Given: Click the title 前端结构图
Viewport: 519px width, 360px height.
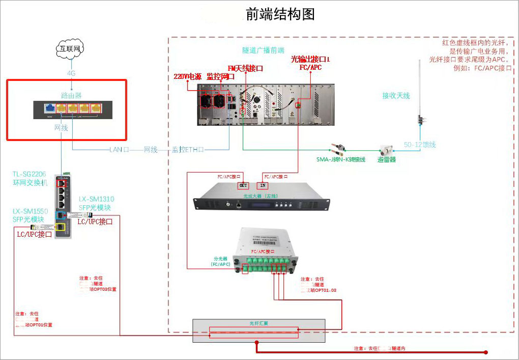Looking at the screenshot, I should tap(280, 14).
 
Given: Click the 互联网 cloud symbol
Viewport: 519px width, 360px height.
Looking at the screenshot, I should tap(69, 49).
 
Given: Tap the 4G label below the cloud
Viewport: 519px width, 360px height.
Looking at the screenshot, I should tap(71, 73).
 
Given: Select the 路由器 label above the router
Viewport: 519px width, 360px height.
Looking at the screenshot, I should tap(71, 95).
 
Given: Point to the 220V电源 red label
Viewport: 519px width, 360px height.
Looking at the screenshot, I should tap(188, 76).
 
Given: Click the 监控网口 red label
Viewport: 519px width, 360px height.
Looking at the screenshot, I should tap(220, 76).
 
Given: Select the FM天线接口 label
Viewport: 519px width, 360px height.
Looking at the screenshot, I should tap(245, 68).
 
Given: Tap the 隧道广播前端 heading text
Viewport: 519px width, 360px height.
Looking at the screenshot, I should tap(263, 50).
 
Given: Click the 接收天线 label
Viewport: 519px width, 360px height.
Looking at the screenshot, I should tap(396, 95).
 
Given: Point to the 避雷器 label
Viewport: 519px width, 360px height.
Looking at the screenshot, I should tap(387, 159).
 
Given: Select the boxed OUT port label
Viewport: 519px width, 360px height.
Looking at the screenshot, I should tap(244, 185).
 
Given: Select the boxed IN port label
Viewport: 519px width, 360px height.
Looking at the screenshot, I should tap(263, 185).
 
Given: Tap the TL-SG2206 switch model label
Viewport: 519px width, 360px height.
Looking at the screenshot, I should tap(31, 174).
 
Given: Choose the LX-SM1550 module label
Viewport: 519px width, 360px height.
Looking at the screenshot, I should tap(30, 210).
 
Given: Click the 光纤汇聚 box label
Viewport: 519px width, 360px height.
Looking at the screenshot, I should tap(258, 323).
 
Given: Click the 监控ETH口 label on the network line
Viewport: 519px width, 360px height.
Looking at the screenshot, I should tap(188, 150).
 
